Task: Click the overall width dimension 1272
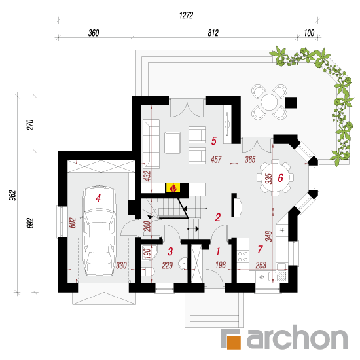pyautogui.click(x=186, y=16)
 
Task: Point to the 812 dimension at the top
pyautogui.click(x=213, y=33)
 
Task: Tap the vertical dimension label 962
pyautogui.click(x=12, y=196)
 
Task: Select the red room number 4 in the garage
pyautogui.click(x=98, y=198)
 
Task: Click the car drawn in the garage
pyautogui.click(x=99, y=230)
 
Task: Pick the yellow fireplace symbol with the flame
pyautogui.click(x=173, y=188)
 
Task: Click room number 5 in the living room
pyautogui.click(x=214, y=141)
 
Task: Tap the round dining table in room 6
pyautogui.click(x=276, y=177)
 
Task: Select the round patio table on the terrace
pyautogui.click(x=269, y=102)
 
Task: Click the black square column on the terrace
pyautogui.click(x=291, y=102)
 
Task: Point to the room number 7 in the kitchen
pyautogui.click(x=260, y=249)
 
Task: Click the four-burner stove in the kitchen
pyautogui.click(x=243, y=257)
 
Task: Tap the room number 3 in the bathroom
pyautogui.click(x=170, y=251)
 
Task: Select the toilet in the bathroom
pyautogui.click(x=148, y=272)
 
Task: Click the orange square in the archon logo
pyautogui.click(x=234, y=342)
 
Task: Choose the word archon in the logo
pyautogui.click(x=297, y=338)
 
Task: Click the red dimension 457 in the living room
pyautogui.click(x=216, y=160)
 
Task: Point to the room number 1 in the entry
pyautogui.click(x=218, y=251)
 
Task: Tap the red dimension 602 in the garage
pyautogui.click(x=72, y=223)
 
